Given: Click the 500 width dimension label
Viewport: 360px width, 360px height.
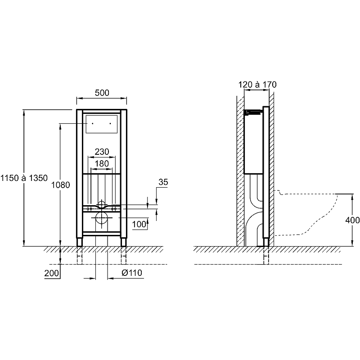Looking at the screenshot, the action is click(x=102, y=93).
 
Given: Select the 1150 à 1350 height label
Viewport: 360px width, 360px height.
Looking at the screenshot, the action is click(x=24, y=178).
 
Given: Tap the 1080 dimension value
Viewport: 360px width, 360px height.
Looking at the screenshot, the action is click(x=60, y=185).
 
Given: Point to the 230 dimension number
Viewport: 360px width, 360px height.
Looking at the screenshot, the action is click(x=102, y=152).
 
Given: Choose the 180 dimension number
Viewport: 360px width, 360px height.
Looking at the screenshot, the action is click(x=102, y=164).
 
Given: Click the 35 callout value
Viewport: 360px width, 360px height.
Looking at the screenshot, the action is click(x=163, y=182).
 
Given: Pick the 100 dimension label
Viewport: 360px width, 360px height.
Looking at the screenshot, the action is click(x=139, y=224).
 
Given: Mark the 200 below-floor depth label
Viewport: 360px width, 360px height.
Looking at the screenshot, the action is click(x=51, y=273).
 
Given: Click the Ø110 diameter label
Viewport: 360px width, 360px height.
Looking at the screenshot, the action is click(x=132, y=273).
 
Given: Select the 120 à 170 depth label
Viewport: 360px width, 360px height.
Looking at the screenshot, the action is click(x=257, y=85).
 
